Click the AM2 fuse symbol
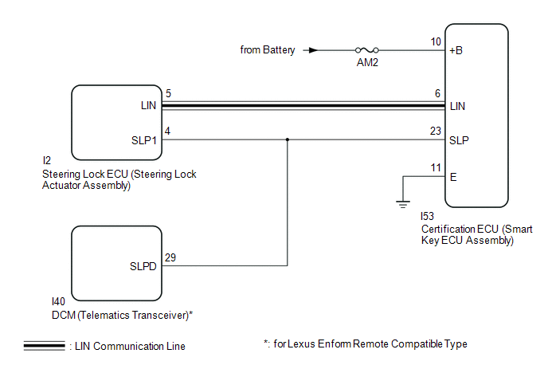click(367, 49)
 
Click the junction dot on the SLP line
click(287, 139)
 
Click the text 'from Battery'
click(268, 49)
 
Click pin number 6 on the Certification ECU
click(437, 93)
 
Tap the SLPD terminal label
click(143, 265)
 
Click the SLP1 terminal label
click(143, 140)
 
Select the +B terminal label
click(457, 49)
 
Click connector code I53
click(429, 216)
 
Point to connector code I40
click(57, 302)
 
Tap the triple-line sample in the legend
click(44, 346)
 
